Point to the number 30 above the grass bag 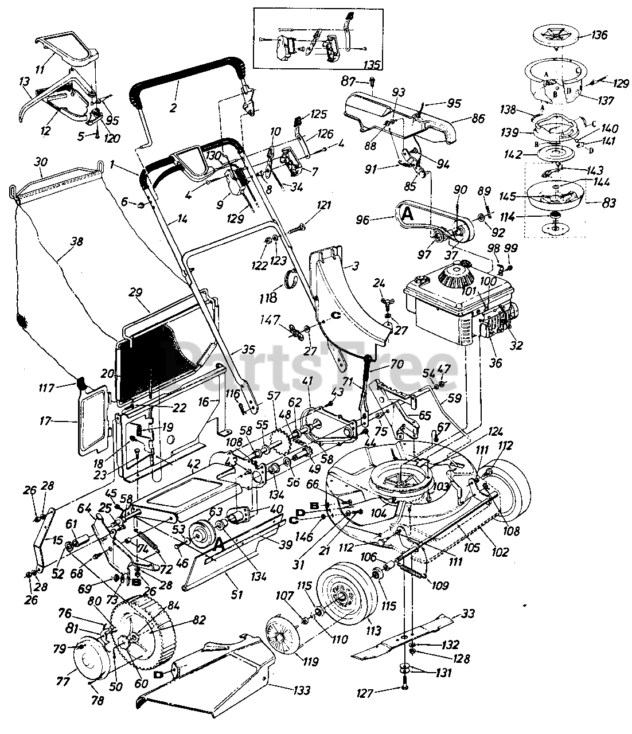click(x=40, y=162)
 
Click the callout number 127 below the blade click(x=382, y=693)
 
